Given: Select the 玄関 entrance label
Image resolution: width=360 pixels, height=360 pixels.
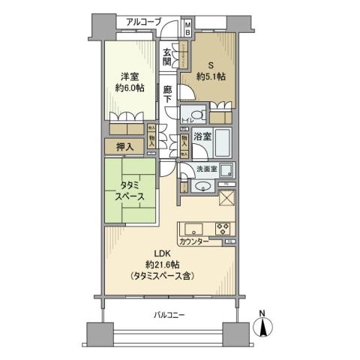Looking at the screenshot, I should click(169, 56).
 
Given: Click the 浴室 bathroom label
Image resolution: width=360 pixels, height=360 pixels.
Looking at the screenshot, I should click(201, 137).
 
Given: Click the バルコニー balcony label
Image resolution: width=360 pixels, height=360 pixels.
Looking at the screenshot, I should click(163, 316).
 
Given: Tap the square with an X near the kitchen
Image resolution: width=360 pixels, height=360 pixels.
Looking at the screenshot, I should click(226, 197).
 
